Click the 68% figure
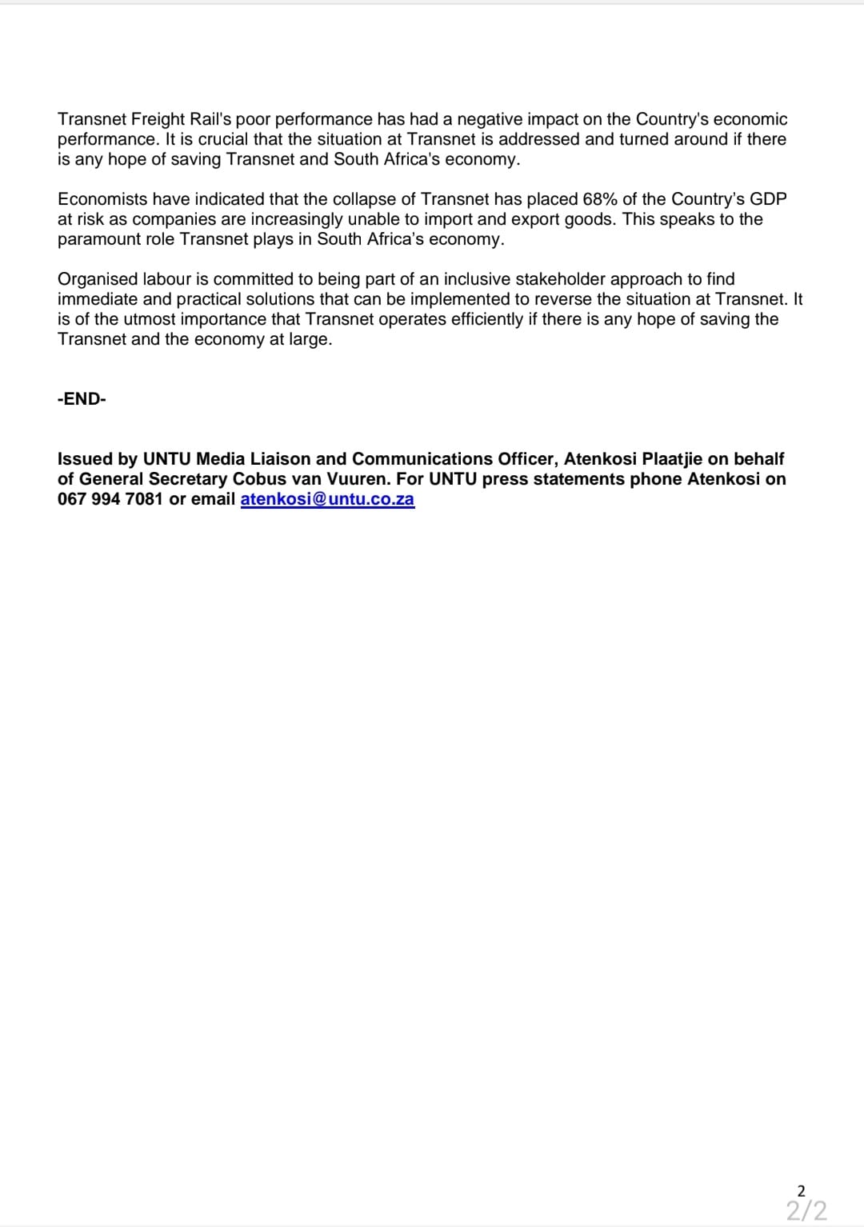(600, 199)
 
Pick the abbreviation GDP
(768, 199)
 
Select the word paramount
(95, 239)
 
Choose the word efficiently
(478, 319)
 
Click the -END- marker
(82, 399)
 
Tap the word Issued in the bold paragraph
(85, 459)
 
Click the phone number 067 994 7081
(110, 499)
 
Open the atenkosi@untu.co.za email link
(327, 499)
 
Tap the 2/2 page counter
(806, 1210)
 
